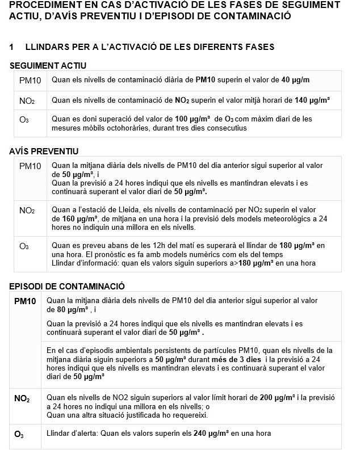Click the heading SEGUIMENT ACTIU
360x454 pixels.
pyautogui.click(x=44, y=66)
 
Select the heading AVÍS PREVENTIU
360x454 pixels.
pyautogui.click(x=44, y=152)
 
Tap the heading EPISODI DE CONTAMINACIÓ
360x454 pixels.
pyautogui.click(x=67, y=286)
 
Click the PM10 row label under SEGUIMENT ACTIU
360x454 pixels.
pyautogui.click(x=30, y=81)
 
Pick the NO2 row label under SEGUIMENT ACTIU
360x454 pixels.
pyautogui.click(x=27, y=101)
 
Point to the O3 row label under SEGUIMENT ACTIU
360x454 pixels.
pyautogui.click(x=24, y=120)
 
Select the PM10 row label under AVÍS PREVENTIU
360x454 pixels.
pyautogui.click(x=30, y=166)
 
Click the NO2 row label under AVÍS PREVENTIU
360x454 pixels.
pyautogui.click(x=27, y=210)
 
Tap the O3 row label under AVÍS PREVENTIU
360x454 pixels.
pyautogui.click(x=24, y=246)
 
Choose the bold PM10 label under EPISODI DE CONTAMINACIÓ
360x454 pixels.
pyautogui.click(x=25, y=300)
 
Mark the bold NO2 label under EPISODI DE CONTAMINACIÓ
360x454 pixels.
pyautogui.click(x=22, y=398)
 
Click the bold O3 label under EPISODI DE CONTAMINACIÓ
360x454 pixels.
pyautogui.click(x=19, y=434)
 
